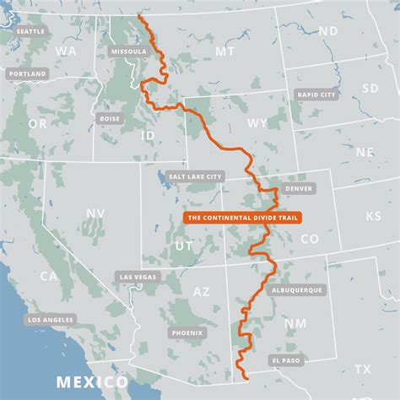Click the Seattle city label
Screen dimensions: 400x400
30,31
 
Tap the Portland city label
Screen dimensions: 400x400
27,74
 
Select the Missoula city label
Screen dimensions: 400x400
128,51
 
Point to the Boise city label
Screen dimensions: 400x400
110,118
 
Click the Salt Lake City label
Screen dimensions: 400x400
196,176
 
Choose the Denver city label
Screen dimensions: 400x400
299,187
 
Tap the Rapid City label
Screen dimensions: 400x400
316,95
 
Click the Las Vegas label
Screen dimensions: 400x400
138,277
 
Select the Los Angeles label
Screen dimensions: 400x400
50,320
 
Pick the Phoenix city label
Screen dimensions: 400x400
186,332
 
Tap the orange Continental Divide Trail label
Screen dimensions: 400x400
241,217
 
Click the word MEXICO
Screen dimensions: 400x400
92,382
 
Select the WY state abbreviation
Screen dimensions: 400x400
256,123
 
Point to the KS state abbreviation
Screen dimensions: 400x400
372,216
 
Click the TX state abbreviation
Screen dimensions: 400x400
363,369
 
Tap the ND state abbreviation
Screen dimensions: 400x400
327,31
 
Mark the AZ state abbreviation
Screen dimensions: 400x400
201,291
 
